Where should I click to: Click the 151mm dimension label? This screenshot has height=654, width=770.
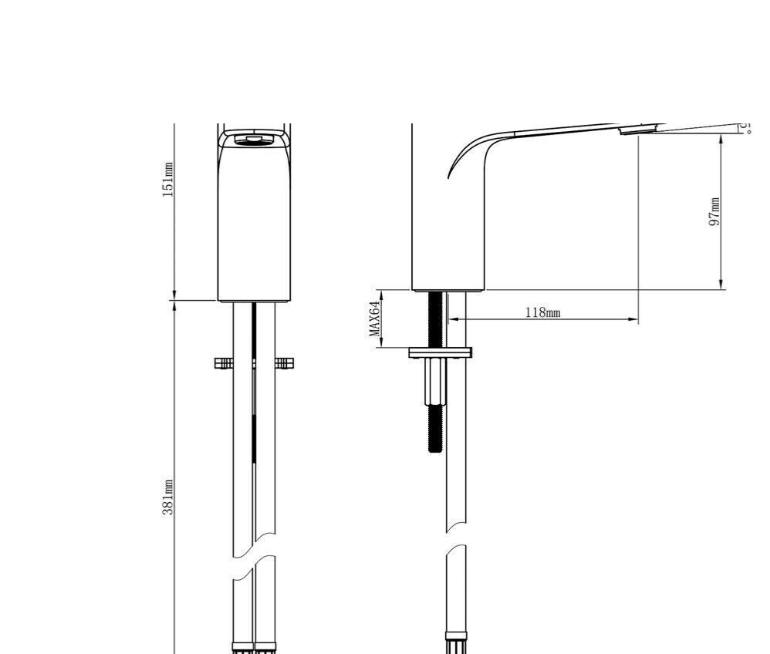coord(167,180)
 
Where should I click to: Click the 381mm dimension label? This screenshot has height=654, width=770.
coord(167,497)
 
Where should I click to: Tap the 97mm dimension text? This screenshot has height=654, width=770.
coord(714,211)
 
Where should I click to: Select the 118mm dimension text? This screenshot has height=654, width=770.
coord(542,312)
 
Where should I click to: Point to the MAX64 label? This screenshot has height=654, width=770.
coord(375,319)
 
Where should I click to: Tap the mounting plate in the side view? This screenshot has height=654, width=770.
coord(440,353)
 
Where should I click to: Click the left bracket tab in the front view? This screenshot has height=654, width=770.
coord(224,362)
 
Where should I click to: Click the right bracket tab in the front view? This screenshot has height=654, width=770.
coord(284,362)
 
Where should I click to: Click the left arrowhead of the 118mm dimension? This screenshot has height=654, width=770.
coord(452,319)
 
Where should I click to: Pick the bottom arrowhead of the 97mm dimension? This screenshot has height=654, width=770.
coord(721,285)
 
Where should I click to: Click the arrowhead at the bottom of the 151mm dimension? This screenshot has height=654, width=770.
coord(174,295)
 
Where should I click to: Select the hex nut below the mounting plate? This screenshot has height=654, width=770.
coord(435,382)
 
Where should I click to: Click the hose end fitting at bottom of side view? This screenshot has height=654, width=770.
coord(455,643)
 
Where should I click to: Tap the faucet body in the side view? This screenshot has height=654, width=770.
coord(451,231)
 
